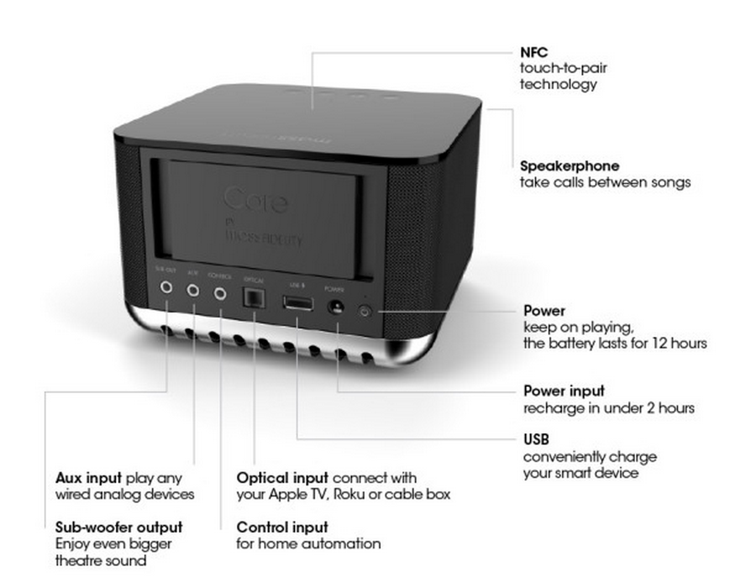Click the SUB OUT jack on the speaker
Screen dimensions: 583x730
click(x=166, y=287)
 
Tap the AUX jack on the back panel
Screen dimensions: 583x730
click(x=193, y=290)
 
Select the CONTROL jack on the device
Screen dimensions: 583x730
click(x=220, y=293)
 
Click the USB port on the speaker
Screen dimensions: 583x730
click(x=297, y=303)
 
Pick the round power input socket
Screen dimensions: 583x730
click(x=337, y=306)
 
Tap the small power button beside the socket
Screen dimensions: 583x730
click(x=364, y=311)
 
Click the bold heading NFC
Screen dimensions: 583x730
click(x=534, y=52)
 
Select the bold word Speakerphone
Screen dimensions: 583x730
click(x=569, y=166)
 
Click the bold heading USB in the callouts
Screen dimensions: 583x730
click(x=536, y=440)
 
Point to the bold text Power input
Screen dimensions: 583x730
click(x=564, y=391)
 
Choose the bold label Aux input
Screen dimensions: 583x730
click(x=88, y=478)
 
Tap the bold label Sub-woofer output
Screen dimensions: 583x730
click(x=119, y=527)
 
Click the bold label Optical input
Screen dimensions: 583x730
click(x=283, y=478)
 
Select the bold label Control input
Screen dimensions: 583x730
click(x=282, y=527)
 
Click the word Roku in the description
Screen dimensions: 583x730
click(x=352, y=494)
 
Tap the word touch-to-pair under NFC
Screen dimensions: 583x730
click(x=563, y=68)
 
